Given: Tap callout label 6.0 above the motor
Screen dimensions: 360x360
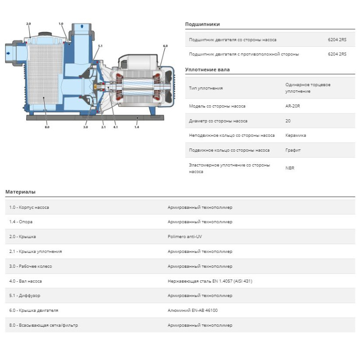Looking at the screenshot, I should [x=165, y=46].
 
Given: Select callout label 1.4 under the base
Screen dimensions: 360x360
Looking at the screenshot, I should [x=136, y=127].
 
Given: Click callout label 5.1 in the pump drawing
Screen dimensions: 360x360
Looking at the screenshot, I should [x=100, y=46].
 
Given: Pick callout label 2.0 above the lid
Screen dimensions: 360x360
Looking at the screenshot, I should [x=28, y=23].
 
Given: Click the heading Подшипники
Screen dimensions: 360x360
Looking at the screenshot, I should [x=202, y=24].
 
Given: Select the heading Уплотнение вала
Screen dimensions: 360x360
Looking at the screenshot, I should [x=207, y=70].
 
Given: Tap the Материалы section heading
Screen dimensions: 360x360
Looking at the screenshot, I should [x=20, y=192].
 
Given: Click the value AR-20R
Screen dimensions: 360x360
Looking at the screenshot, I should [x=293, y=106].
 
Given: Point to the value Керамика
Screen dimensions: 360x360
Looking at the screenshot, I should [x=296, y=135].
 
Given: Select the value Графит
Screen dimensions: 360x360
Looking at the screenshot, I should [x=293, y=150].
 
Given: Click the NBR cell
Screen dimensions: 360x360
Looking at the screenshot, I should [x=290, y=168].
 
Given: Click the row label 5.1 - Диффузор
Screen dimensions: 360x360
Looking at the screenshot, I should [x=27, y=296].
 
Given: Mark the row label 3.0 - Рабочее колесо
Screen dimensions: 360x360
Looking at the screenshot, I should [x=31, y=266].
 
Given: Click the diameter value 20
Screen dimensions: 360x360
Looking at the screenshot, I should [x=288, y=121].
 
